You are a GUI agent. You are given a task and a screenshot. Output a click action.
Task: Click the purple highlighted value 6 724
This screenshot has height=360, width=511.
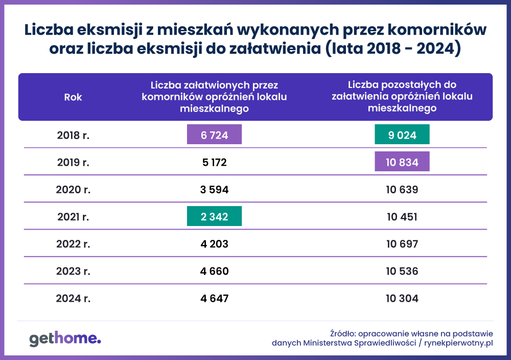pos(214,136)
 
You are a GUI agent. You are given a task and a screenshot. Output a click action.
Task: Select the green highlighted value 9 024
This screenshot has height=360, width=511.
pos(402,136)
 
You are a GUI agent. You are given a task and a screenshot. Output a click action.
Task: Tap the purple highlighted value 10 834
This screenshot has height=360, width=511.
pos(402,163)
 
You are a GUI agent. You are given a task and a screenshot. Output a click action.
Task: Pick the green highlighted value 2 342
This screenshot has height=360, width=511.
pos(214,217)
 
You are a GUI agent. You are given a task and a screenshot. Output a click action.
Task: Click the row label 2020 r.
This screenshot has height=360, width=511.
pos(73,190)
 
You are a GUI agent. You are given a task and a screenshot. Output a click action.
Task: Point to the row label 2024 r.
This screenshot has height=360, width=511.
pos(73,298)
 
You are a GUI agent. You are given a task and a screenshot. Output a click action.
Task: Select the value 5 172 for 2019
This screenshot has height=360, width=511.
pos(214,163)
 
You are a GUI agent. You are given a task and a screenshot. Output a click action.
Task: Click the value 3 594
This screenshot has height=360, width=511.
pos(214,190)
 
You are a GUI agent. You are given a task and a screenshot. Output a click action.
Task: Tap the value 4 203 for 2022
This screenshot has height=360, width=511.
pos(214,244)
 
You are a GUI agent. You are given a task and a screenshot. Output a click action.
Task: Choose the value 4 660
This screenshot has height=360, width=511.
pos(214,271)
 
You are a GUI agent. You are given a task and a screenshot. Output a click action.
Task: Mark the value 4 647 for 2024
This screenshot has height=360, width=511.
pos(214,298)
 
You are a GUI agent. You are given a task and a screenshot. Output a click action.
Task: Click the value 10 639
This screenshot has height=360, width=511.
pos(402,190)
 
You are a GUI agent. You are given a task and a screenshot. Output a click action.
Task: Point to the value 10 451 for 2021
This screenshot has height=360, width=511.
pos(402,217)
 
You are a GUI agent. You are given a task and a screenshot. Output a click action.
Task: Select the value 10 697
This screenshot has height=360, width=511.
pos(402,244)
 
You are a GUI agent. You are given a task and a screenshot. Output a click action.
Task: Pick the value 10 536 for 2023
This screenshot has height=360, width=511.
pos(402,271)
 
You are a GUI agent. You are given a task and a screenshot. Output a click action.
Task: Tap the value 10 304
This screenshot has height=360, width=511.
pos(402,298)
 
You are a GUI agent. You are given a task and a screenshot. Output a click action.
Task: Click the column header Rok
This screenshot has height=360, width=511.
pos(73,97)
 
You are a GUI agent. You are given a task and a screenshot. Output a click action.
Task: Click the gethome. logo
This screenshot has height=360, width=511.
pos(65,339)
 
